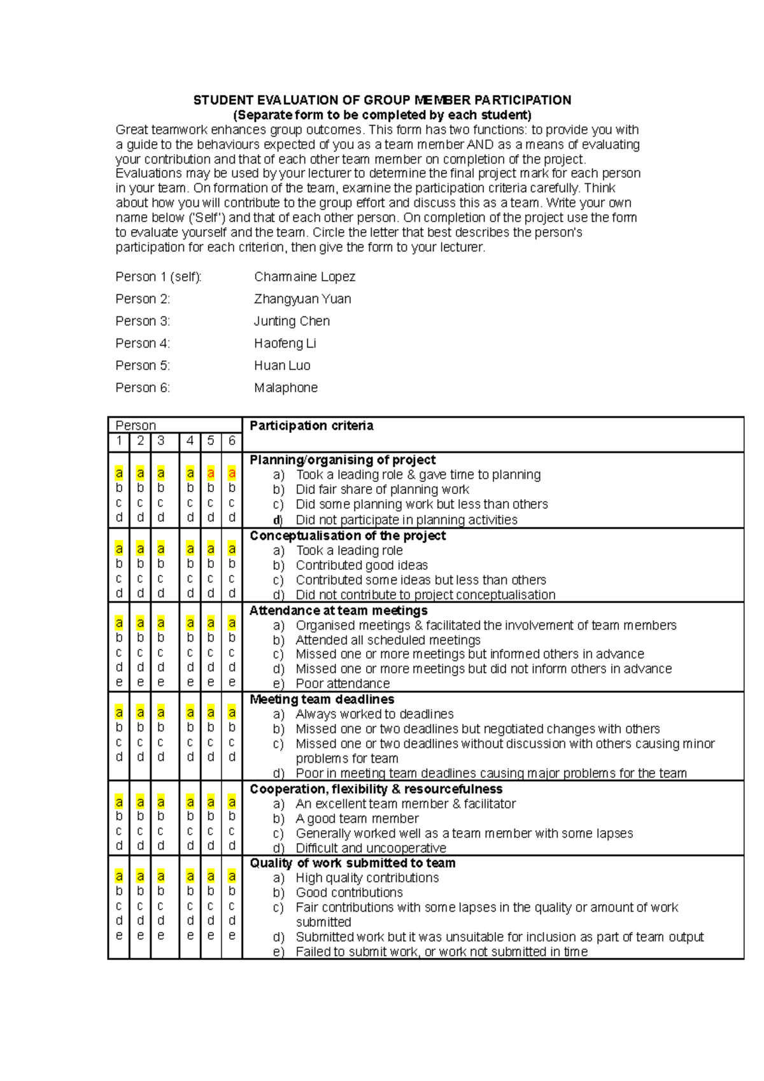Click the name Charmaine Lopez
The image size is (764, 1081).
pos(304,277)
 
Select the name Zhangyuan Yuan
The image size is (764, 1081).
pos(302,299)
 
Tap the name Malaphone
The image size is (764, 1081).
pos(286,388)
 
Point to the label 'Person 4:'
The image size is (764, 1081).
pos(143,344)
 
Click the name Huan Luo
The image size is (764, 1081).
pos(282,365)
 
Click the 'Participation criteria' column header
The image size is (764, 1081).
pos(311,426)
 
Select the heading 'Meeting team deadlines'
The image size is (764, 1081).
pos(322,700)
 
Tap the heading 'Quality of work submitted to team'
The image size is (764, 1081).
pos(352,863)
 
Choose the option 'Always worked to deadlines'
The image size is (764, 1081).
pos(374,714)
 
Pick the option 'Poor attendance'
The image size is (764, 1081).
pos(343,684)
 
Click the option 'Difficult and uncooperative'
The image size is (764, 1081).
pos(371,849)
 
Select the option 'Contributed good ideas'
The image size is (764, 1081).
pos(362,565)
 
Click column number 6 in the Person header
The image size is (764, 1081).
pos(232,441)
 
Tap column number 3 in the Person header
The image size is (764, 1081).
pos(161,441)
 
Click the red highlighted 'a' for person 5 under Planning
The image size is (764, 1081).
pos(211,473)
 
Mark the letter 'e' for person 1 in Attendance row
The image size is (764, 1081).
pos(119,682)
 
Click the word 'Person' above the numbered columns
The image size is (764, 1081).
pos(136,426)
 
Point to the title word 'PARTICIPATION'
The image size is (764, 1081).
pos(522,100)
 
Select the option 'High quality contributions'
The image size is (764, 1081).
pos(367,878)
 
